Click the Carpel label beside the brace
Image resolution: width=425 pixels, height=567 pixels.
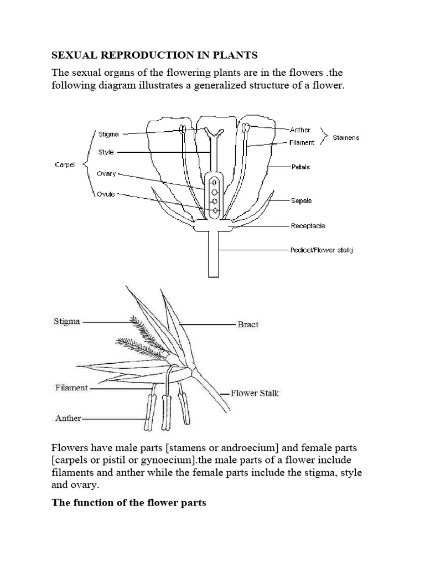coord(64,164)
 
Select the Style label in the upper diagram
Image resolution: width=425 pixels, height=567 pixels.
coord(106,152)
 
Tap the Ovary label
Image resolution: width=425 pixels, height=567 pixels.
coord(106,173)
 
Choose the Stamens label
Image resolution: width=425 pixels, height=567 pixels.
coord(346,137)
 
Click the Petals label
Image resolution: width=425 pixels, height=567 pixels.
coord(300,166)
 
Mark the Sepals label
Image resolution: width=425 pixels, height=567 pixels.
coord(302,200)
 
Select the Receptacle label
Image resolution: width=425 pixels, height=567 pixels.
coord(308,226)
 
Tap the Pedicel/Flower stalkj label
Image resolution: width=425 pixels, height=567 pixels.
coord(322,250)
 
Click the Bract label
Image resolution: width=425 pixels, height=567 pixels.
coord(248,324)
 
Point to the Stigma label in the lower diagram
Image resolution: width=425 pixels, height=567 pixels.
coord(67,322)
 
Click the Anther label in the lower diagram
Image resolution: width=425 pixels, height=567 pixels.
coord(68,419)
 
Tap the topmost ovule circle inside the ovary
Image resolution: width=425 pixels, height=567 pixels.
coord(214,181)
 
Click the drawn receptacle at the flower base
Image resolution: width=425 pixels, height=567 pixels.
coord(213,225)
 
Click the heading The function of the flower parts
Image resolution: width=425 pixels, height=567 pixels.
coord(128,503)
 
